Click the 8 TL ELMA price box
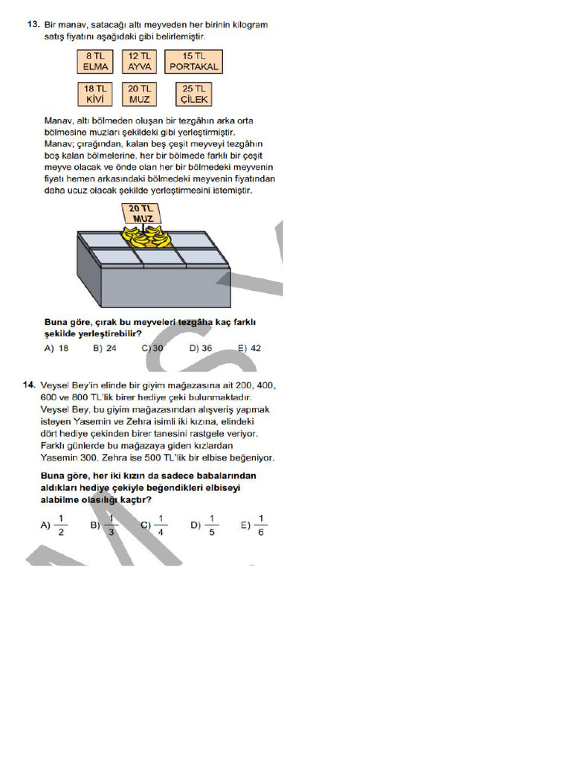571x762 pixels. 95,61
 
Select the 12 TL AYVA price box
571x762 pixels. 139,61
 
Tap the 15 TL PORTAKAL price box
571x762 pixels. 193,61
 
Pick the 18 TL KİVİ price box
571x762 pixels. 94,94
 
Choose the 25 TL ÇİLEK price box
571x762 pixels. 193,94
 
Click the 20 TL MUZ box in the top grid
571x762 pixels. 139,94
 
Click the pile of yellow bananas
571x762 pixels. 146,237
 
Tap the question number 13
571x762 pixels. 32,25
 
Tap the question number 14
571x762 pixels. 30,385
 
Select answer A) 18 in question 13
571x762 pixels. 57,348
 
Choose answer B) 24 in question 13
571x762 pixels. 105,348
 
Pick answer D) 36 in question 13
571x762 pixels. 201,348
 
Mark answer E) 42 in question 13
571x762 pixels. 249,348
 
